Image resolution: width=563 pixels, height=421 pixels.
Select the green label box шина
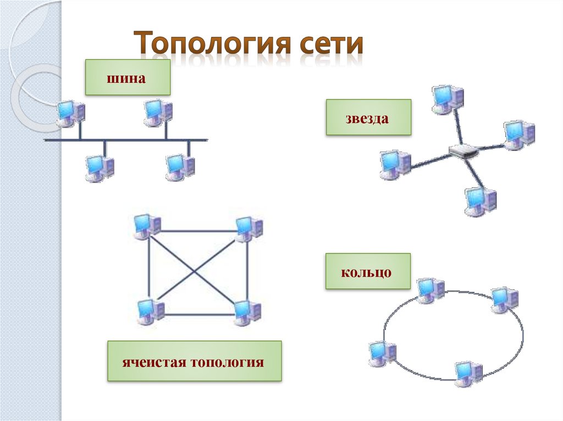tap(127, 77)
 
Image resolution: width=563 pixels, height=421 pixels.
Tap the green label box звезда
tap(368, 117)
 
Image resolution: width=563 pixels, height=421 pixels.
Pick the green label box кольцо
tap(368, 271)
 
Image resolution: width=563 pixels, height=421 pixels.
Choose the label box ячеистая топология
tap(194, 361)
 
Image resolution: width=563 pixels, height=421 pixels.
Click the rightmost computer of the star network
tap(518, 134)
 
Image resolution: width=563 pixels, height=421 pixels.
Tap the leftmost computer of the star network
tap(394, 164)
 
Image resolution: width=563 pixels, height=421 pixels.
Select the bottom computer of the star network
tap(479, 201)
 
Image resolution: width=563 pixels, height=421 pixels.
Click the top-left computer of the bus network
tap(70, 114)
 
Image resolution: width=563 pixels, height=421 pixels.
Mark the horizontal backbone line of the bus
tap(126, 141)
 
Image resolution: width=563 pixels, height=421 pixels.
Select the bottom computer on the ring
tap(468, 373)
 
